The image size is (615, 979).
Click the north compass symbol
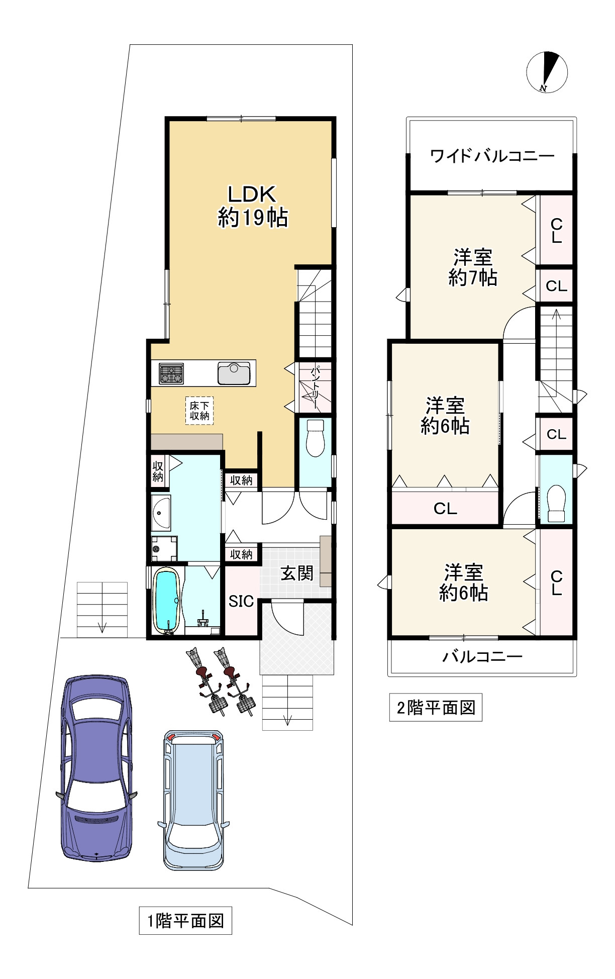(547, 72)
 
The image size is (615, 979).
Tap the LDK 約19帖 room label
(252, 206)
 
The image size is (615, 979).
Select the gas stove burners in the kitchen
(171, 374)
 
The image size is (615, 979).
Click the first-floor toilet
(315, 438)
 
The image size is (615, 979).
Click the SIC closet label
(241, 601)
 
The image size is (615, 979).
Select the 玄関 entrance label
(297, 573)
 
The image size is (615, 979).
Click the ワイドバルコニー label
(492, 156)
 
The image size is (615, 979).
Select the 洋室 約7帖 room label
(472, 267)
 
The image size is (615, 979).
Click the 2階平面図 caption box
(436, 708)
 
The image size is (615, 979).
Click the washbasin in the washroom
(161, 513)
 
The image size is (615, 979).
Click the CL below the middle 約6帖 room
(445, 509)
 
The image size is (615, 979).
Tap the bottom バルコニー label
(482, 656)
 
